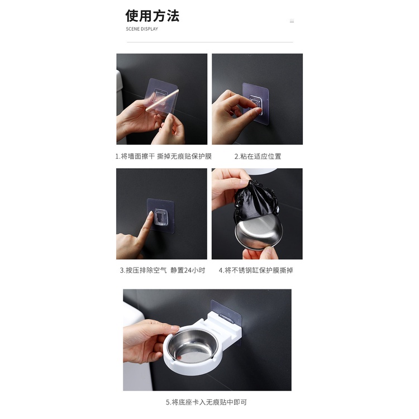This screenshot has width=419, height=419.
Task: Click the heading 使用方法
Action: pyautogui.click(x=153, y=16)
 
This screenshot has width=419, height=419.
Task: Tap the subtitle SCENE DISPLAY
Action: pyautogui.click(x=142, y=29)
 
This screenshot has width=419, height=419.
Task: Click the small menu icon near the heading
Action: pyautogui.click(x=292, y=21)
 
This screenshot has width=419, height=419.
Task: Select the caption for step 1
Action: pyautogui.click(x=163, y=156)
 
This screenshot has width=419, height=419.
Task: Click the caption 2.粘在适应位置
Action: pyautogui.click(x=258, y=156)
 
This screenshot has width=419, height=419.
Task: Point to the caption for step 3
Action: pyautogui.click(x=163, y=270)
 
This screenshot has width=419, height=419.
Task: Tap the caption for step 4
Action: pyautogui.click(x=256, y=270)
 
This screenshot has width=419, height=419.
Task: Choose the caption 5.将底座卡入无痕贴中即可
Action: pyautogui.click(x=206, y=402)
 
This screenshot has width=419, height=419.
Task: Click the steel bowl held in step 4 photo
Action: pyautogui.click(x=259, y=232)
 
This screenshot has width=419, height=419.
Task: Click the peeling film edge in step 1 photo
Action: pyautogui.click(x=161, y=99)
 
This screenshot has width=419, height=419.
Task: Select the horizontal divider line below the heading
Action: pyautogui.click(x=209, y=42)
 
